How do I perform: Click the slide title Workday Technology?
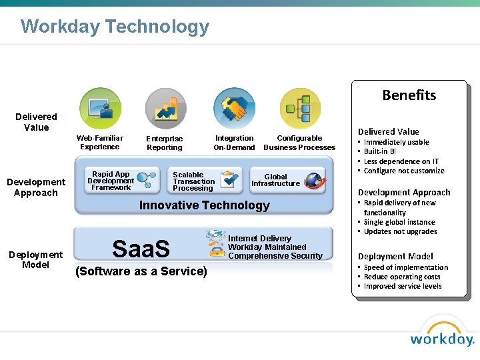(115, 27)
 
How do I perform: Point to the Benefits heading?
(409, 95)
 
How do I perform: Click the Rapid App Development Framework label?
(111, 181)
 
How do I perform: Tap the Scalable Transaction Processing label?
(193, 181)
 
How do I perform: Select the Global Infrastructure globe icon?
(313, 180)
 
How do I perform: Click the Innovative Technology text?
(204, 205)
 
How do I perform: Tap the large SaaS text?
(141, 249)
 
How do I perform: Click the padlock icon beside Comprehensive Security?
(216, 251)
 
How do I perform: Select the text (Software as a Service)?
(141, 271)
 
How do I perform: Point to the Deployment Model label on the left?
(35, 259)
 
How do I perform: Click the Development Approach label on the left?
(36, 187)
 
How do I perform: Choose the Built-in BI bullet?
(381, 151)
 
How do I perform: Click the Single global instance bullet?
(399, 222)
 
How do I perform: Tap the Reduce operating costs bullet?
(402, 277)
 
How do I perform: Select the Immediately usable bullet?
(396, 142)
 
